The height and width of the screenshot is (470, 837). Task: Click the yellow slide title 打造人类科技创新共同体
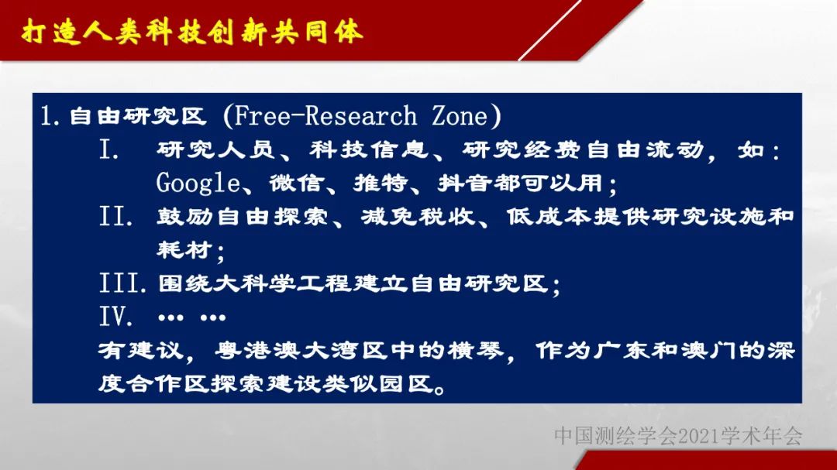[193, 32]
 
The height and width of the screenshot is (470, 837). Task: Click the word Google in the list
[198, 184]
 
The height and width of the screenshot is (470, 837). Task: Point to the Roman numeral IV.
[115, 317]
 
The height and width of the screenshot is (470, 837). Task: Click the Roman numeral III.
[122, 283]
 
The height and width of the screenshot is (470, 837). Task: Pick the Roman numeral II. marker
[115, 217]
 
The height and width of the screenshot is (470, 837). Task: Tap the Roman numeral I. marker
[109, 150]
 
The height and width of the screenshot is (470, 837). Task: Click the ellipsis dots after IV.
[192, 318]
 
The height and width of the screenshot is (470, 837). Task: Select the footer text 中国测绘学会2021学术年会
[678, 436]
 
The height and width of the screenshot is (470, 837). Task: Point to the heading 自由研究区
[138, 116]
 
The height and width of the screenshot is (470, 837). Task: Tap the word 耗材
[184, 249]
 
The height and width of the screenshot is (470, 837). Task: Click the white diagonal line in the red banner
[549, 30]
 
